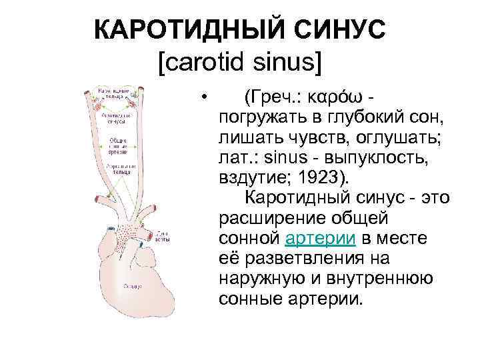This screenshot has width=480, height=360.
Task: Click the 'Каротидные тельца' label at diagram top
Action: point(113,93)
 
